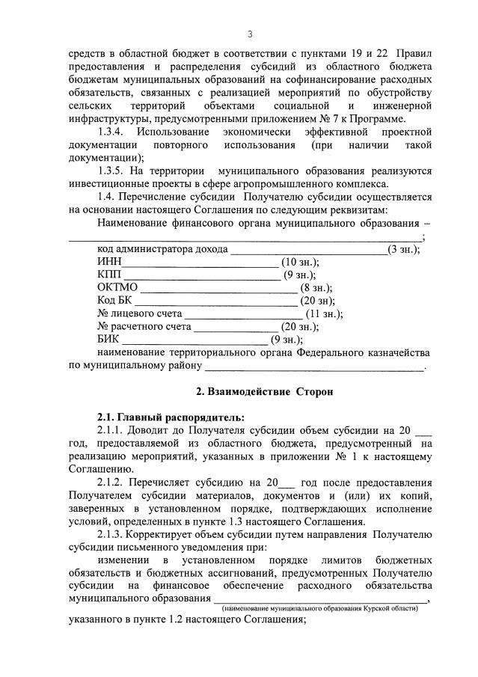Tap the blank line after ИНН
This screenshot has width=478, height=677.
(199, 263)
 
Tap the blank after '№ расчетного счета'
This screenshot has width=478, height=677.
(236, 327)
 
